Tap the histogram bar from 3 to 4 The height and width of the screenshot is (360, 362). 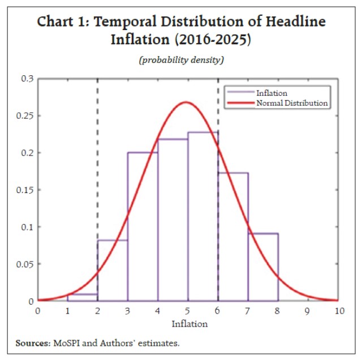pyautogui.click(x=143, y=226)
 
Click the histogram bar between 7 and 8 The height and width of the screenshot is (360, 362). pyautogui.click(x=263, y=266)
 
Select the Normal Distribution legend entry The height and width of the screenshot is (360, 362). pyautogui.click(x=292, y=103)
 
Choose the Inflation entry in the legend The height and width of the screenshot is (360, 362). pyautogui.click(x=271, y=93)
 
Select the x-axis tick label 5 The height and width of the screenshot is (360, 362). pyautogui.click(x=188, y=311)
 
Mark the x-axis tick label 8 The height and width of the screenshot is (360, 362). pyautogui.click(x=278, y=311)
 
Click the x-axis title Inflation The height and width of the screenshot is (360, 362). pyautogui.click(x=189, y=324)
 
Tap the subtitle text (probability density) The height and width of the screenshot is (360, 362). pyautogui.click(x=182, y=61)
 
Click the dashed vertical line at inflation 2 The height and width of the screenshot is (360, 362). pyautogui.click(x=97, y=170)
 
